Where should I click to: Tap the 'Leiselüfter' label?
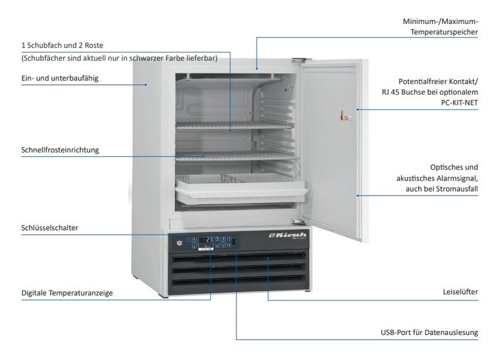(461, 292)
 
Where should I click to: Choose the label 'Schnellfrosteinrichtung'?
(60, 150)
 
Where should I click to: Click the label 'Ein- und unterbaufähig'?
(60, 78)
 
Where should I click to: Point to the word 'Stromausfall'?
(457, 189)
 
